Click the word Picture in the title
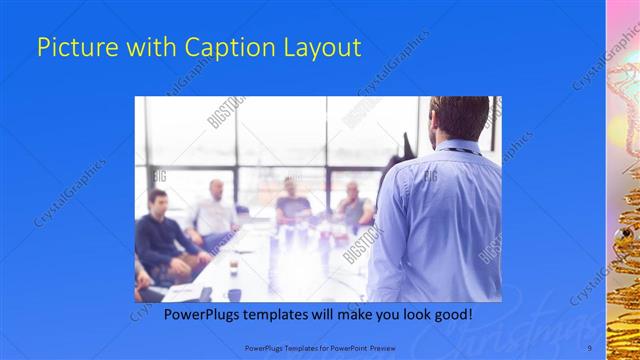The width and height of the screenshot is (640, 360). tap(71, 48)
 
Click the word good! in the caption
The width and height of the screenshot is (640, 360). tap(451, 314)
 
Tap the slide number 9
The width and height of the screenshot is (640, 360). tap(589, 347)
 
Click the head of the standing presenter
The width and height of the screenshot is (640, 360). tap(459, 118)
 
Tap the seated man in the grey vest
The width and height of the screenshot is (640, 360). tap(354, 205)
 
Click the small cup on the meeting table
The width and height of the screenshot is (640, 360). tap(232, 266)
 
